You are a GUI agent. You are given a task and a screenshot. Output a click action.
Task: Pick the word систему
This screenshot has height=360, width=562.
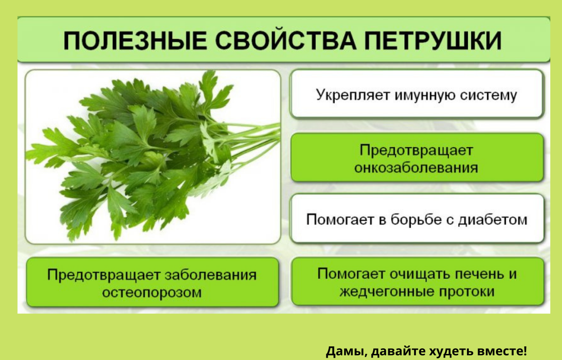click(x=488, y=96)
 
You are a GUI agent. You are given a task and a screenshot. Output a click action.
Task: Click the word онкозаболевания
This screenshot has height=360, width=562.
click(x=416, y=168)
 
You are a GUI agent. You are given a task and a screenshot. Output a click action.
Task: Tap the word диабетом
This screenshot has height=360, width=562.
click(x=493, y=220)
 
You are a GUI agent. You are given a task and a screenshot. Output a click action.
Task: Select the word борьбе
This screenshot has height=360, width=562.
click(x=416, y=220)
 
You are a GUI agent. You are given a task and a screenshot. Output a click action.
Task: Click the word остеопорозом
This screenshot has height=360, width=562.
click(x=152, y=292)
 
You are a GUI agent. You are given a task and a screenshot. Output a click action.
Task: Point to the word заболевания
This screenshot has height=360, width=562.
click(x=211, y=275)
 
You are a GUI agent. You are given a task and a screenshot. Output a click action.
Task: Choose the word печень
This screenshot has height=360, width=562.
click(x=480, y=274)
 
